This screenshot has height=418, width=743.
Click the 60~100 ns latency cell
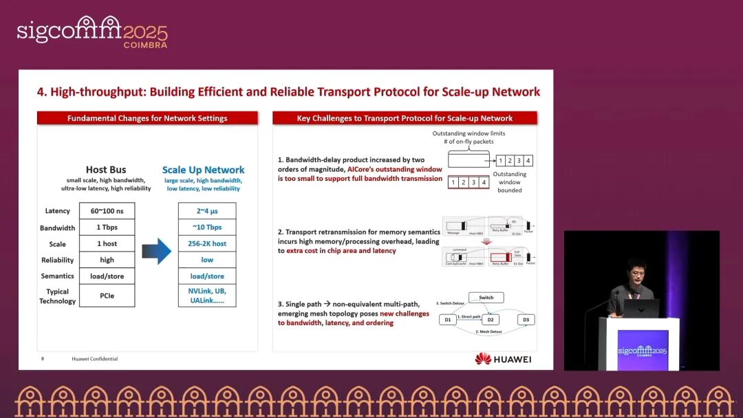pos(107,210)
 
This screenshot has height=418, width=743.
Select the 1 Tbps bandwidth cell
pos(107,228)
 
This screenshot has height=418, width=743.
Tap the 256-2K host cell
pos(207,243)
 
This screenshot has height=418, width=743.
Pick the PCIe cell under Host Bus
pos(107,296)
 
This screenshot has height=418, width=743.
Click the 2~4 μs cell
pos(207,210)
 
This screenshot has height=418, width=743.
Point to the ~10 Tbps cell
pos(207,228)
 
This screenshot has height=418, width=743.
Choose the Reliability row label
pos(58,260)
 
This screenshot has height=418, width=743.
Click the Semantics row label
pos(58,276)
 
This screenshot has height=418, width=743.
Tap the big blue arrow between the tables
pos(156,251)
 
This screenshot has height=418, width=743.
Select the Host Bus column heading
pos(106,170)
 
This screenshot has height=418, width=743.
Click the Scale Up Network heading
pos(204,170)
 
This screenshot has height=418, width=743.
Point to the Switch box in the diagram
pos(486,298)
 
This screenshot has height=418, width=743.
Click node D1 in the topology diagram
pos(448,320)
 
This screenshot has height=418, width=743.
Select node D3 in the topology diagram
pos(526,320)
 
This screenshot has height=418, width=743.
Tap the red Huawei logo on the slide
pos(483,358)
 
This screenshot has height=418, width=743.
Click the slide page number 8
pos(43,359)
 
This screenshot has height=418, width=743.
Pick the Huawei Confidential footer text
pos(94,359)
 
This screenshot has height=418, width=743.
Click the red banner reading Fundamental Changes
pos(147,118)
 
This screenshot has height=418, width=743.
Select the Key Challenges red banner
pos(405,118)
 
